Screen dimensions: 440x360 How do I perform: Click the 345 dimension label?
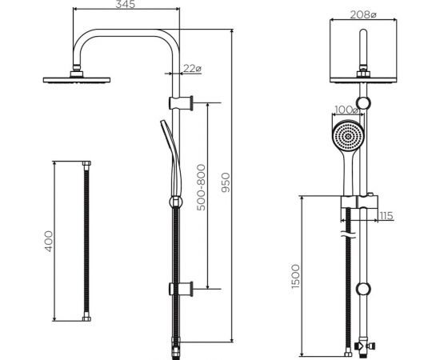point(125,4)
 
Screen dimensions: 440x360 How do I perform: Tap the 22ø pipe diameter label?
point(192,68)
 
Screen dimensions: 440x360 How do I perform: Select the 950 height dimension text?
point(226,182)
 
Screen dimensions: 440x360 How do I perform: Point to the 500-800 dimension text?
point(201,187)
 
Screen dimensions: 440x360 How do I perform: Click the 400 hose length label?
point(48,242)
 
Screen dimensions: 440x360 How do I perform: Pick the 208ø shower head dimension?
point(363,14)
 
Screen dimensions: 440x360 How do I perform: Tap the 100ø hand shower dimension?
point(347,110)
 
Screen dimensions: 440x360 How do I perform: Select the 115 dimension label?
point(386,216)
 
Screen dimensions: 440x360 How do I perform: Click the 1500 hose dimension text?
point(295,276)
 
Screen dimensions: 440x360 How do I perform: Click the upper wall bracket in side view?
point(181,103)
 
